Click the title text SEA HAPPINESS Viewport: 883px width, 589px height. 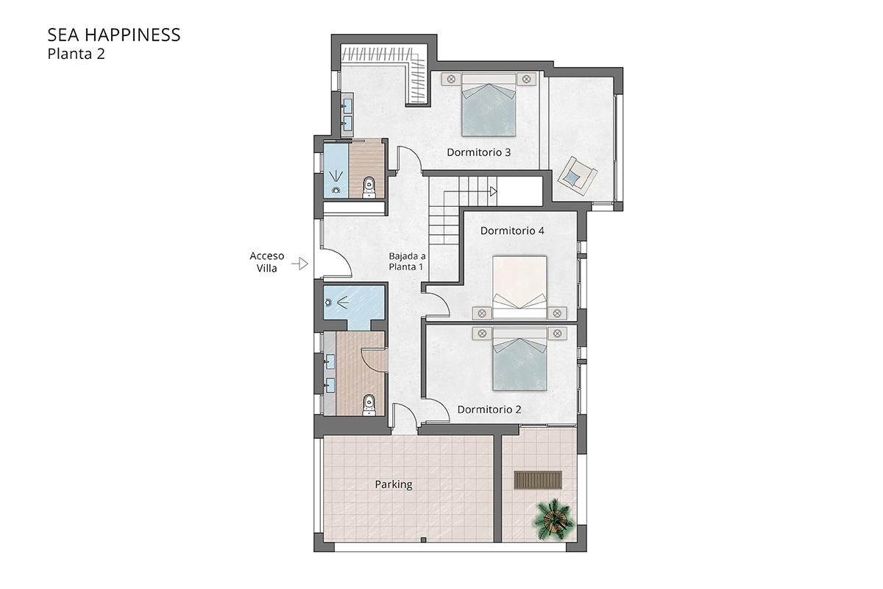[x=114, y=35]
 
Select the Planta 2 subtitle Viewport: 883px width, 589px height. [x=77, y=54]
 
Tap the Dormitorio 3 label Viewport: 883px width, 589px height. [x=479, y=152]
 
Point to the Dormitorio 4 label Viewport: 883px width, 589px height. [x=512, y=230]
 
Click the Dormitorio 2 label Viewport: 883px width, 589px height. [x=489, y=409]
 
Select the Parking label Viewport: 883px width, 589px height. [x=394, y=484]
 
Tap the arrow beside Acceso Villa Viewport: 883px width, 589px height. [x=299, y=263]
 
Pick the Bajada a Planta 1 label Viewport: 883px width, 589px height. [x=407, y=261]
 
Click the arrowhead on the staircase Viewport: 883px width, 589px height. [x=493, y=191]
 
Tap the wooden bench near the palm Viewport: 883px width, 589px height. [x=538, y=480]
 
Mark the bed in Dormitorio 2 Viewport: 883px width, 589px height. [x=520, y=361]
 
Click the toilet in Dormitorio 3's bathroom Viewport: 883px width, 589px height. [x=370, y=187]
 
